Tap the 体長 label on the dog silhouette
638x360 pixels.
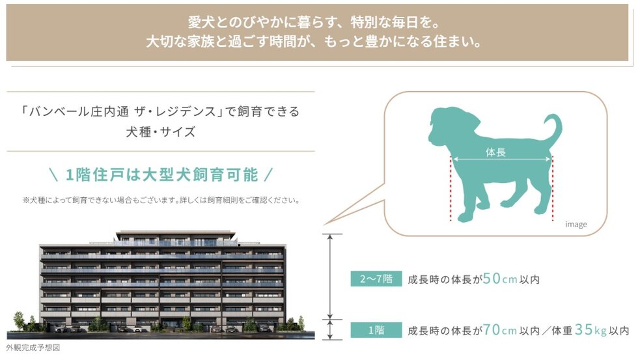tap(496, 152)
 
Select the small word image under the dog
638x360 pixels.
tap(576, 225)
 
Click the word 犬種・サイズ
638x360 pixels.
tap(161, 132)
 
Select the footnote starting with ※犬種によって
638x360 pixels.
tap(161, 201)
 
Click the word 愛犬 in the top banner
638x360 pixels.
tap(201, 21)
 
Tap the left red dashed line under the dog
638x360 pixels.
tap(450, 189)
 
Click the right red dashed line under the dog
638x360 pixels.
tap(553, 189)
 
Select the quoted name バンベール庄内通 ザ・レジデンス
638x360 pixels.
tap(121, 111)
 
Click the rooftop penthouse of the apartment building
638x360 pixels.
tap(174, 235)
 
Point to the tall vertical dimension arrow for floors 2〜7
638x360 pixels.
tap(333, 276)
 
